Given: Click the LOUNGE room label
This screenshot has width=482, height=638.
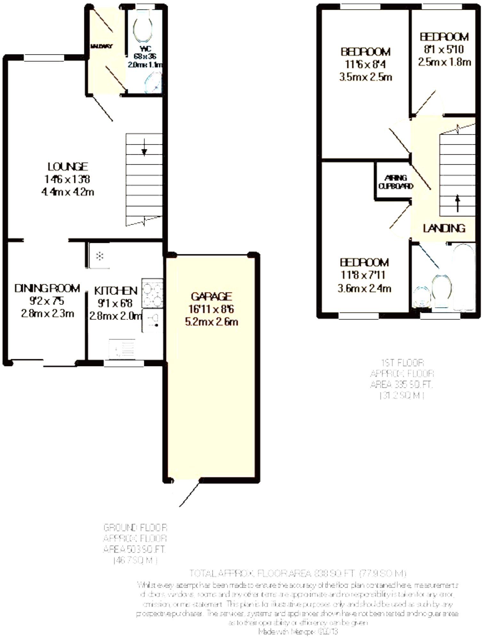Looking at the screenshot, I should click(68, 167).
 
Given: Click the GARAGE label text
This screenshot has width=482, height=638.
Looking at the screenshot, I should click(211, 296).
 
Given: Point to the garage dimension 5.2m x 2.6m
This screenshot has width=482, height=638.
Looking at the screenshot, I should click(211, 322).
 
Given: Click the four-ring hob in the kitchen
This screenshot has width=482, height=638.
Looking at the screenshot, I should click(152, 293).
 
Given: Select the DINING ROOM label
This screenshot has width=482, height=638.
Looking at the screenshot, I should click(47, 288).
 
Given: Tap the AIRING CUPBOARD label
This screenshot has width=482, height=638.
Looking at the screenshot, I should click(396, 182).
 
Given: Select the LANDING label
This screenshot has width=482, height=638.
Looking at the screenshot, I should click(444, 228).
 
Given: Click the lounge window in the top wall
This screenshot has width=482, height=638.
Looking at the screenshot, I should click(44, 58).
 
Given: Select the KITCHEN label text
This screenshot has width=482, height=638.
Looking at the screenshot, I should click(116, 291).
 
